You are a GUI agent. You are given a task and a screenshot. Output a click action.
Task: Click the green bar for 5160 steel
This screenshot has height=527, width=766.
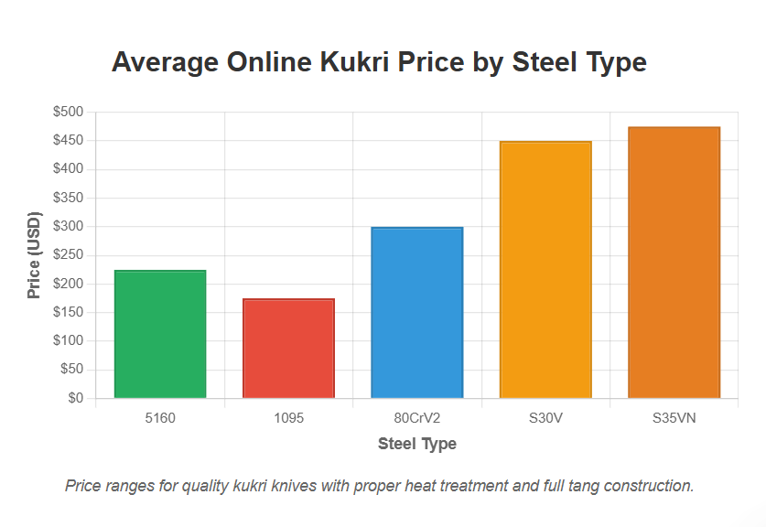[160, 334]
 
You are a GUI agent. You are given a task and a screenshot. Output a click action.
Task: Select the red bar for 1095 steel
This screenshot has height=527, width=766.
[288, 349]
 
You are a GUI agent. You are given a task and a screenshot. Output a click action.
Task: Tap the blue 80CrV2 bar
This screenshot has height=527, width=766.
[416, 312]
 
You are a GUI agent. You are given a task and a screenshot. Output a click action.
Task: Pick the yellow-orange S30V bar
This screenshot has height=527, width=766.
[545, 270]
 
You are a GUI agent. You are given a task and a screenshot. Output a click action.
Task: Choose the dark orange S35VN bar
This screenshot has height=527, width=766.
[674, 263]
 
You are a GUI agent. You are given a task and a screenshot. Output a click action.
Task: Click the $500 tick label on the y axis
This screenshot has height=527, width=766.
[69, 112]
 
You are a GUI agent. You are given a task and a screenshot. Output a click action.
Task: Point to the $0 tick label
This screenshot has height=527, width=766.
[75, 398]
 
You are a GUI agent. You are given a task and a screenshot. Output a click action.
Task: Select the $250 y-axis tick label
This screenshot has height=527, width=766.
[69, 255]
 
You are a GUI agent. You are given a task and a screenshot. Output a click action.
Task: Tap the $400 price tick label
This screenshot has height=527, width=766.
[69, 169]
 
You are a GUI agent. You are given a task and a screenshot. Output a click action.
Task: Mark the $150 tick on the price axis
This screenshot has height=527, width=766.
[69, 312]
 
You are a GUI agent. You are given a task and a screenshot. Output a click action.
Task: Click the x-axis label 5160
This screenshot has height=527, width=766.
[160, 418]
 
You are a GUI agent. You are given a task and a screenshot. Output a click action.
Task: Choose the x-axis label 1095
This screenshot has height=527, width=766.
[288, 418]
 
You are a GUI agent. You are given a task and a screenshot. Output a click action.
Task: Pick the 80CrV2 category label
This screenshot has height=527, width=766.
[416, 418]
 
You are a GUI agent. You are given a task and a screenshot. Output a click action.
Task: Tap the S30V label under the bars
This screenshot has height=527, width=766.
[545, 418]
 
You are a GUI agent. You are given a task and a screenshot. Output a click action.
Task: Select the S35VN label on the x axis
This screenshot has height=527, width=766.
[674, 418]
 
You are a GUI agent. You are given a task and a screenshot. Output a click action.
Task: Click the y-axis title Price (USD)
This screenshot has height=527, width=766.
[34, 255]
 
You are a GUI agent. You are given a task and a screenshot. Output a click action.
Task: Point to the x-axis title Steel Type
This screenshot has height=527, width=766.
[416, 445]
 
